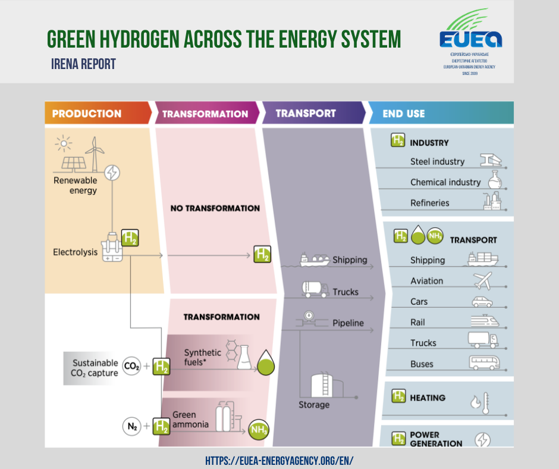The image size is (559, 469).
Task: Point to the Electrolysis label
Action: [75, 252]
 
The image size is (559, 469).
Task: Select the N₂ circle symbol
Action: [131, 426]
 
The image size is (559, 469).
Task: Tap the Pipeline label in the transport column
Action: [348, 323]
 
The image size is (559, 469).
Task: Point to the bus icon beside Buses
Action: [484, 363]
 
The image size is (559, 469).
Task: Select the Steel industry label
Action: [437, 161]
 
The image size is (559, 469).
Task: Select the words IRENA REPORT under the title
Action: [83, 64]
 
